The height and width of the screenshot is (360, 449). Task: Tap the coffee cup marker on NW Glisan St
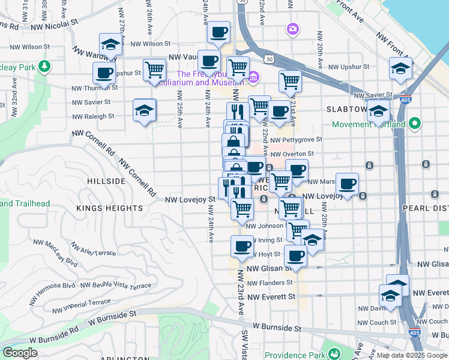(295, 256)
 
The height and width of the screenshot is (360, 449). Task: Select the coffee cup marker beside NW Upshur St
(104, 73)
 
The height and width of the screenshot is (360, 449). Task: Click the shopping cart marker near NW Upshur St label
(155, 70)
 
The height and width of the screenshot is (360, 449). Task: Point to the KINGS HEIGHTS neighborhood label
(110, 208)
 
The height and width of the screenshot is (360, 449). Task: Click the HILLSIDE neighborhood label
(106, 181)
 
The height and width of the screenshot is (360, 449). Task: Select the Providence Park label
(294, 355)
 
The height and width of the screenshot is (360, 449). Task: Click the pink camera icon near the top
(292, 28)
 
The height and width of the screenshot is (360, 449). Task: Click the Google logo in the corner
(20, 353)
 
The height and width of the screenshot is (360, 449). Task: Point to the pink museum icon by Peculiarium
(253, 77)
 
